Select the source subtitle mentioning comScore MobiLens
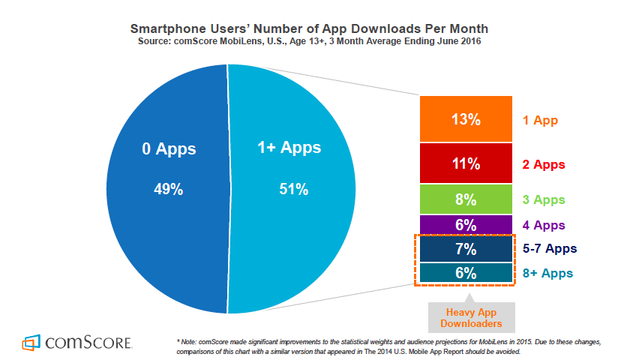coord(309,42)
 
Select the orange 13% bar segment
coord(466,118)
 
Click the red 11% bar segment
coord(466,163)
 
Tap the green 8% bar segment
coord(466,199)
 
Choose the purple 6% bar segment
coord(466,224)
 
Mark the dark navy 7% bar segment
coord(466,248)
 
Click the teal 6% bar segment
coord(466,273)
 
